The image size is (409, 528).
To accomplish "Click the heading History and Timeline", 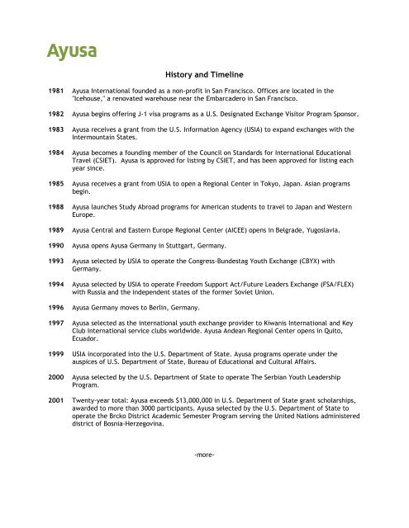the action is (x=203, y=72).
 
